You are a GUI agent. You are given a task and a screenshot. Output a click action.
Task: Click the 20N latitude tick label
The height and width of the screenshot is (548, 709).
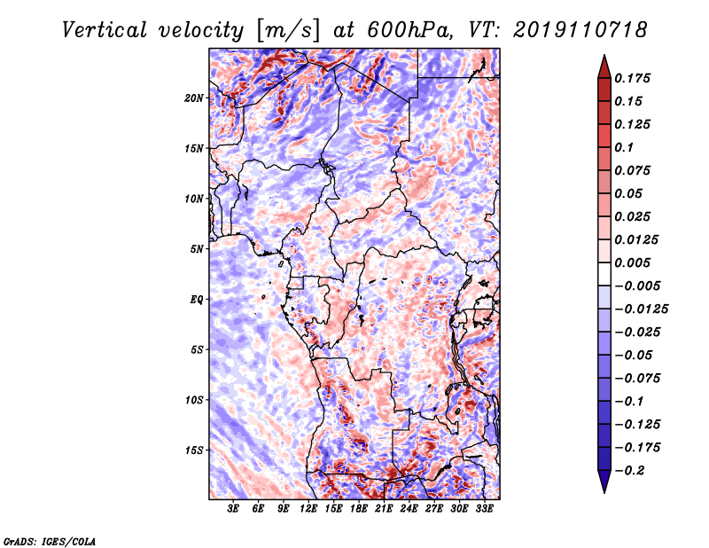(193, 98)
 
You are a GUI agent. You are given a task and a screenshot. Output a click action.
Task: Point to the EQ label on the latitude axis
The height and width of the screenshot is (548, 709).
(197, 300)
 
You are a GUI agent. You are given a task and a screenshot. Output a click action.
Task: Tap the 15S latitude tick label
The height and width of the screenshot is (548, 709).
(193, 450)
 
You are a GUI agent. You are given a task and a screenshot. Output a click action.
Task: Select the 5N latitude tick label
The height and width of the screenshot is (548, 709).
(197, 249)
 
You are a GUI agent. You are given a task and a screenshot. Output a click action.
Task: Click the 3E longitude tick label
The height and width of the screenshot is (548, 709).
(233, 508)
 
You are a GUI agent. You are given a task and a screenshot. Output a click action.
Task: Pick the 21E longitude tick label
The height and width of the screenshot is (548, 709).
(384, 508)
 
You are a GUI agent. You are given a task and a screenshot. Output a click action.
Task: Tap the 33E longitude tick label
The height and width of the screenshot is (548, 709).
(484, 508)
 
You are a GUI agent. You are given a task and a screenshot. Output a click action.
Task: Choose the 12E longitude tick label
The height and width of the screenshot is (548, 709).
(308, 508)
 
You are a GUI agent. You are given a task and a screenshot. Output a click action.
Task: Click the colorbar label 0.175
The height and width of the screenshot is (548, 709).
(632, 78)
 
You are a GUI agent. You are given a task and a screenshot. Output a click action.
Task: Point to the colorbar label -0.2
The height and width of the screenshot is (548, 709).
(629, 471)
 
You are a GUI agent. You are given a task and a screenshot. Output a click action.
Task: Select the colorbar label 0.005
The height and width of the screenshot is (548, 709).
(632, 262)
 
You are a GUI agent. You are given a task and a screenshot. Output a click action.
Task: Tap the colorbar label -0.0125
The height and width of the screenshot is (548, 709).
(641, 309)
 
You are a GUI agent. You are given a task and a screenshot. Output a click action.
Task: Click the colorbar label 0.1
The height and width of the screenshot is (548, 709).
(624, 147)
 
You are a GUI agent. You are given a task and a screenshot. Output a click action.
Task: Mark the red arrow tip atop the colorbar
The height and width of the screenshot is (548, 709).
(604, 55)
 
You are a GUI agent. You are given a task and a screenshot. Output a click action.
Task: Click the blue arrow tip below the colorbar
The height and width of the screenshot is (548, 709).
(604, 492)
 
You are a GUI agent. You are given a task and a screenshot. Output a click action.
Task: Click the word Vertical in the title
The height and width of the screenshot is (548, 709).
(105, 30)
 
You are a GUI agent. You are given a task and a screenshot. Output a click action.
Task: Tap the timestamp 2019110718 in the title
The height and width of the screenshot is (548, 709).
(580, 30)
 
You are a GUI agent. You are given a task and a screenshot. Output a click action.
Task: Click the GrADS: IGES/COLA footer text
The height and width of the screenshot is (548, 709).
(50, 542)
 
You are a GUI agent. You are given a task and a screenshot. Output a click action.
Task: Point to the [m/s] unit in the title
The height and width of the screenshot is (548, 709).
(288, 30)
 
